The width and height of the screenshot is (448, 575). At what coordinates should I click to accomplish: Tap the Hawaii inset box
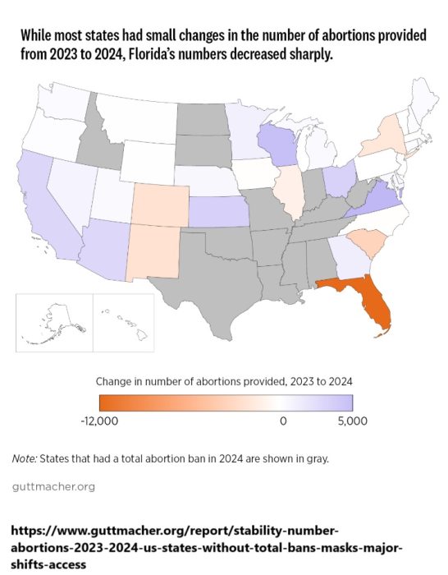(x=122, y=323)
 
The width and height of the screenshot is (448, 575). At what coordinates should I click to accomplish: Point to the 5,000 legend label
(x=352, y=421)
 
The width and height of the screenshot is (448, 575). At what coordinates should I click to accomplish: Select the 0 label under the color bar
(x=284, y=421)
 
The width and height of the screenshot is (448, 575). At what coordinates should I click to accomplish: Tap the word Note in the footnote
(x=26, y=458)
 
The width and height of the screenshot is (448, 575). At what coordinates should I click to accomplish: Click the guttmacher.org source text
(x=53, y=486)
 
